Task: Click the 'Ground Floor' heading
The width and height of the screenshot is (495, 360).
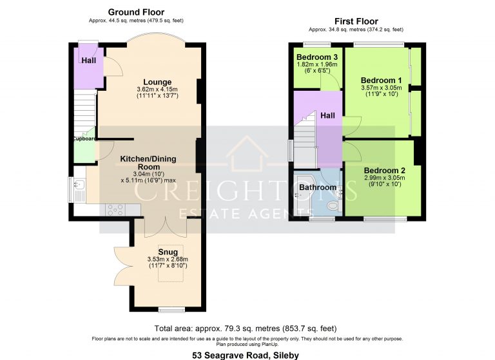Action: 135,12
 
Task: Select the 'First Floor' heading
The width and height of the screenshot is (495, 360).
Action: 356,21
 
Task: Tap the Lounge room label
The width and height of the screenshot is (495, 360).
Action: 157,82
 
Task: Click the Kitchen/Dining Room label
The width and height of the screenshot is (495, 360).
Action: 148,162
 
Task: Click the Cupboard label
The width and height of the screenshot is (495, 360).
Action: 84,138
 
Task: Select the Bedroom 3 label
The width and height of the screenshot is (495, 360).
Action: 316,57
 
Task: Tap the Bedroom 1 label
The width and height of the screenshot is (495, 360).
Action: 381,80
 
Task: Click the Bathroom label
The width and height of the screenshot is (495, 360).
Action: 317,187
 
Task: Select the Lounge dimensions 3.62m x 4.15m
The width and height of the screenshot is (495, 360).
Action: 157,90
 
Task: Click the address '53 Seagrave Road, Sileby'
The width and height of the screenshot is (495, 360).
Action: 247,354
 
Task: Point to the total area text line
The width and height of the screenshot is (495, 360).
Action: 247,328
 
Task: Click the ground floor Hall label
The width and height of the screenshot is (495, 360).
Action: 88,61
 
